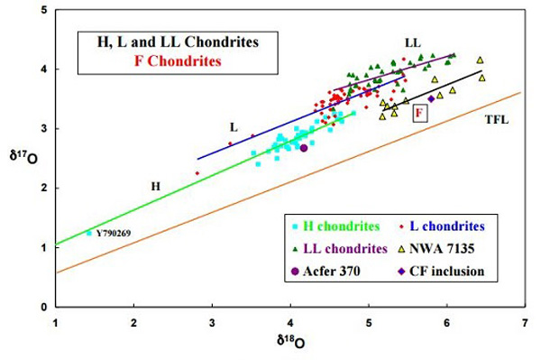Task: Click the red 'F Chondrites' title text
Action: tap(159, 61)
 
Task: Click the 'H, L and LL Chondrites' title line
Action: tap(158, 42)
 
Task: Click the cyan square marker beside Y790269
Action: tap(88, 234)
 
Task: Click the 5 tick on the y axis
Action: tap(43, 10)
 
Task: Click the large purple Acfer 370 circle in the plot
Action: tap(304, 148)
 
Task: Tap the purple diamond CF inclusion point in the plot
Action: tap(431, 99)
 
